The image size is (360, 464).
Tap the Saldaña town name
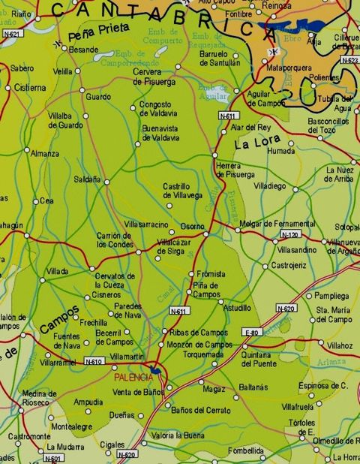point(88,179)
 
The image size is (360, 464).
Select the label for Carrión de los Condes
point(115,240)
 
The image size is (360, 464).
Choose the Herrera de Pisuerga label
point(235,170)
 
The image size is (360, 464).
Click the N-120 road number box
point(289,235)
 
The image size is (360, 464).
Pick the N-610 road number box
point(93,361)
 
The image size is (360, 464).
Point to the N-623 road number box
point(349,59)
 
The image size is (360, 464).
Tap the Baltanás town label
point(253,387)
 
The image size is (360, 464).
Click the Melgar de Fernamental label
point(277,224)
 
